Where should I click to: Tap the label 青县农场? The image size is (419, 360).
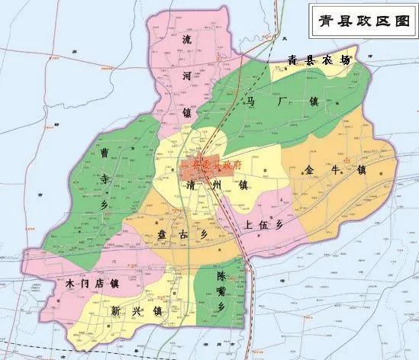click(x=319, y=59)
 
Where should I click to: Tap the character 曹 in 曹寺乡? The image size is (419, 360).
click(x=105, y=153)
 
